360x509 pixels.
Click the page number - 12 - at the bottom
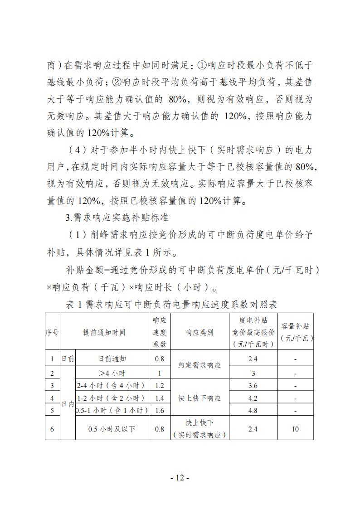(x=180, y=478)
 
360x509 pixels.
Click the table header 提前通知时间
(x=104, y=332)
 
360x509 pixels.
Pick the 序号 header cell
(x=52, y=332)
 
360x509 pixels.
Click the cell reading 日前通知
(x=112, y=359)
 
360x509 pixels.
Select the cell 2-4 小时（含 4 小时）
(x=111, y=386)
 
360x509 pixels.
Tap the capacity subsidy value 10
(x=295, y=428)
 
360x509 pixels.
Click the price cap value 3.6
(x=253, y=386)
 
